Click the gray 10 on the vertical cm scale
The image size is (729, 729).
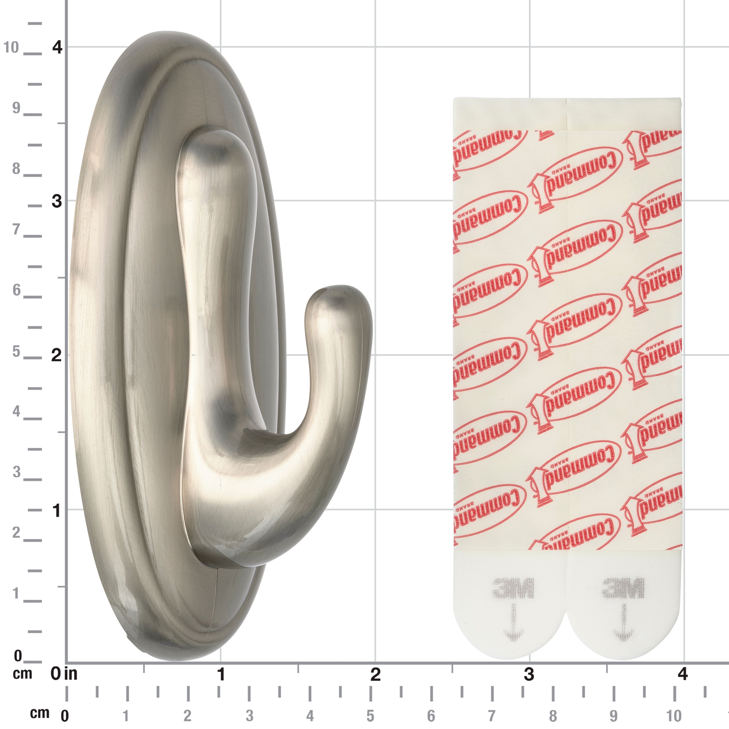click(x=11, y=47)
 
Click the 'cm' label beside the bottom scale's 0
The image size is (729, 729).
click(x=40, y=713)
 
